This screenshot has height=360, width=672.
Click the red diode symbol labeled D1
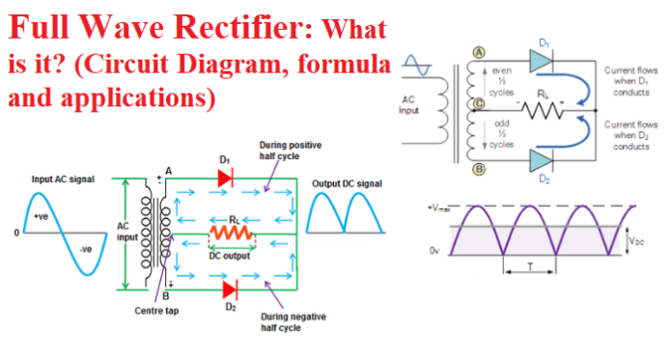tap(227, 178)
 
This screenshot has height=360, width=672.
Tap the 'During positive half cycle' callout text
tap(293, 151)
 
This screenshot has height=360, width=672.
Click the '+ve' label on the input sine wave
tap(42, 218)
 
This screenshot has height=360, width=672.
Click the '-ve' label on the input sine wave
tap(87, 248)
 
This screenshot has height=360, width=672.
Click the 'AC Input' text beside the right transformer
tap(408, 103)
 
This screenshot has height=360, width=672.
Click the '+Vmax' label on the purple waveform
tap(439, 207)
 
